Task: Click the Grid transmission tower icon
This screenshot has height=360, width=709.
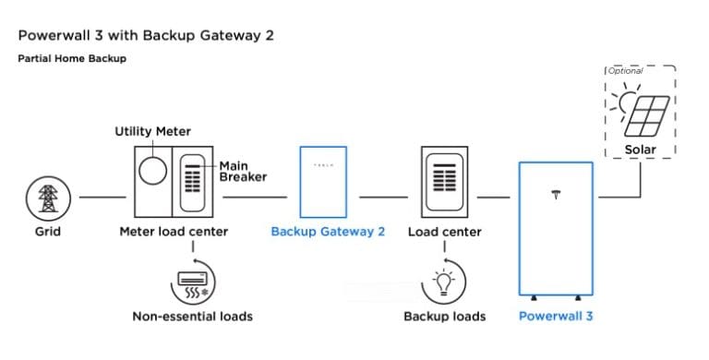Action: (x=47, y=198)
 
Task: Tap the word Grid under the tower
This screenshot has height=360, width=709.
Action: (x=47, y=232)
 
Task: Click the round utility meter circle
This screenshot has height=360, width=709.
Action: (x=152, y=172)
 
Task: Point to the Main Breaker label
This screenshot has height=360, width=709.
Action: (x=242, y=172)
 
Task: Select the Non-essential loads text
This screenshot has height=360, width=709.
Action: (x=192, y=317)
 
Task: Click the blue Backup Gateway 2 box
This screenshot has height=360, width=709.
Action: (x=322, y=180)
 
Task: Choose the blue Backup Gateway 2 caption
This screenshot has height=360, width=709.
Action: (x=328, y=232)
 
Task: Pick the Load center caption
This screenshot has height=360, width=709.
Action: (x=444, y=232)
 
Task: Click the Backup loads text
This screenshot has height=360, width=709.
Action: (x=444, y=317)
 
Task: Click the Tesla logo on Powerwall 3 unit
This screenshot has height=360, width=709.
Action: (x=556, y=195)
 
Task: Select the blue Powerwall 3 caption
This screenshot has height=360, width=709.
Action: (x=555, y=317)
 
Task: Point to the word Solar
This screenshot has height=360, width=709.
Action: (x=639, y=149)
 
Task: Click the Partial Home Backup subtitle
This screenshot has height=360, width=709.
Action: (x=72, y=58)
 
